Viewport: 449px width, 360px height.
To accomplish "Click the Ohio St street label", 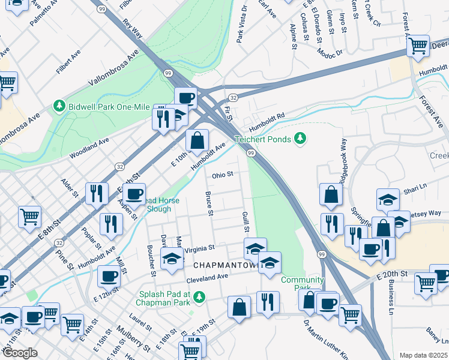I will pos(221,175).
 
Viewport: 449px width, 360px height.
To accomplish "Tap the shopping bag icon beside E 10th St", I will pos(197,141).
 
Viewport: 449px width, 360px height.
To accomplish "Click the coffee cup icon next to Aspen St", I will pos(134,194).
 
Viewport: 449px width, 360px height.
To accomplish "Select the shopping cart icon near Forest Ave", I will pos(418,44).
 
